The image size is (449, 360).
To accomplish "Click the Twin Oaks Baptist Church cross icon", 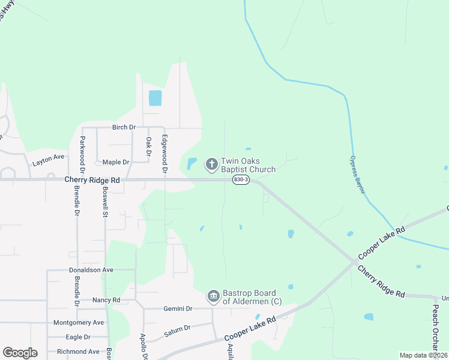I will [211, 164].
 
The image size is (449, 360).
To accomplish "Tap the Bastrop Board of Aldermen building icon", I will [213, 296].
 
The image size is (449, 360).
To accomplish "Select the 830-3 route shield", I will [241, 179].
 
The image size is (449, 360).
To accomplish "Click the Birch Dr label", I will [124, 127].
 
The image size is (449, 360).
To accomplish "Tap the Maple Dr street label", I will [116, 162].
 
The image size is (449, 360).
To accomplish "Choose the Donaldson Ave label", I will [91, 270].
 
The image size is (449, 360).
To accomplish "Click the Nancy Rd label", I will [106, 299].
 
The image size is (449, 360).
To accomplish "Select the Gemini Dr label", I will [178, 308].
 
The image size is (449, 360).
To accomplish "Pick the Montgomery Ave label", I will [79, 322].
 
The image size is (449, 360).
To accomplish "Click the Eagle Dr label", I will [78, 337].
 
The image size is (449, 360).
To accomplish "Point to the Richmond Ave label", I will [78, 352].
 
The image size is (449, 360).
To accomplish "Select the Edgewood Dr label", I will [164, 152].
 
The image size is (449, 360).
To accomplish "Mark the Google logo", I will [20, 353].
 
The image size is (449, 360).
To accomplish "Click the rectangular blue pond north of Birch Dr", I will [155, 98].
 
